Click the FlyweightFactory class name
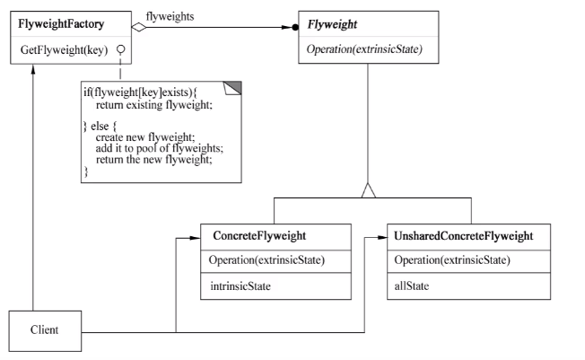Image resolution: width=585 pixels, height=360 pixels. click(x=61, y=24)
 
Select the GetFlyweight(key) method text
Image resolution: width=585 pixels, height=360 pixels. click(x=65, y=49)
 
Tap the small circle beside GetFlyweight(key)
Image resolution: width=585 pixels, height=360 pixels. click(x=120, y=49)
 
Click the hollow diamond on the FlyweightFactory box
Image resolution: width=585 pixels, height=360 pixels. click(x=139, y=27)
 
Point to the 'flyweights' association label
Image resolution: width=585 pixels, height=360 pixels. click(x=170, y=17)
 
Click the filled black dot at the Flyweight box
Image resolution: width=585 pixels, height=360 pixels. click(x=295, y=27)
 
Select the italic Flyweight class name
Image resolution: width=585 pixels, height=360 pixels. click(x=332, y=24)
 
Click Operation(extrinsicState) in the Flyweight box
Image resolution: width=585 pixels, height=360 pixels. click(x=364, y=49)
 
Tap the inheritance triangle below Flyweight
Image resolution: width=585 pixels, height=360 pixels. click(x=368, y=190)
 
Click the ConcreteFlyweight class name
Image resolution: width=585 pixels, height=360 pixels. click(x=259, y=236)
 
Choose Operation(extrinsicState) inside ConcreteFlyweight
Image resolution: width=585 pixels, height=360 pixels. click(x=266, y=260)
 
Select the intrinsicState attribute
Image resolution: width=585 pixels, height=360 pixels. click(x=240, y=286)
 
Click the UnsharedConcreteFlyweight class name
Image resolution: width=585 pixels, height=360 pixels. click(x=464, y=236)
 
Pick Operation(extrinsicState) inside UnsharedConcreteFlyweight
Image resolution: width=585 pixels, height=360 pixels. click(x=452, y=260)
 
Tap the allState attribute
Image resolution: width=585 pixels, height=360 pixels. click(x=412, y=286)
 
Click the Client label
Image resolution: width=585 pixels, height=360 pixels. click(x=44, y=330)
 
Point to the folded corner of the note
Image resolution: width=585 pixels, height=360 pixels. click(x=232, y=88)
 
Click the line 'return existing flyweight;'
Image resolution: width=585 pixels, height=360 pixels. click(x=154, y=105)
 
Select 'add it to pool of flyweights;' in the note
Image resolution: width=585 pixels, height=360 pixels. click(x=160, y=148)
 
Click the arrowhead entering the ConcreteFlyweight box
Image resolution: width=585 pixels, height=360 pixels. click(x=195, y=238)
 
